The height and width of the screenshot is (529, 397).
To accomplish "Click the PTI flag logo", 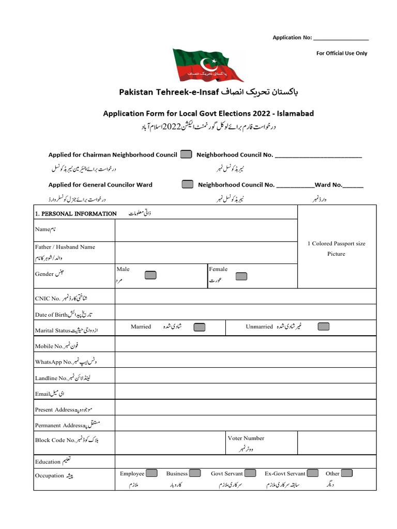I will [208, 65].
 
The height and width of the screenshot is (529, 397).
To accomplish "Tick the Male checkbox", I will [150, 275].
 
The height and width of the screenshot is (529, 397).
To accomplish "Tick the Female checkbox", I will [241, 276].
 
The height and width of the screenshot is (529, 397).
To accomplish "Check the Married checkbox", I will [199, 327].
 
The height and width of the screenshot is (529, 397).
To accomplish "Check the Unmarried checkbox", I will [324, 326].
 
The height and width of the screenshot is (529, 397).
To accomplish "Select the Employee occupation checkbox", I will [151, 473].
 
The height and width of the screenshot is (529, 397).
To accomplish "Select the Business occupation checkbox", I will [195, 473].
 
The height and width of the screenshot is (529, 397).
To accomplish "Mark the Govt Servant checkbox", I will [250, 473].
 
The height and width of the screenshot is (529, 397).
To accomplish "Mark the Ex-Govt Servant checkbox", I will [313, 473].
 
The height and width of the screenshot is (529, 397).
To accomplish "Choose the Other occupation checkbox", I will [346, 473].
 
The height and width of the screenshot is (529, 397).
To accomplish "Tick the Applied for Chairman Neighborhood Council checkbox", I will [187, 154].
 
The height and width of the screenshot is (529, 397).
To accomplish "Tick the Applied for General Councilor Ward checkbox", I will [188, 184].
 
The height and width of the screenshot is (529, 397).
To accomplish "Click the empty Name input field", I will [206, 230].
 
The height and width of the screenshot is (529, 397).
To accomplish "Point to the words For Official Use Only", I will [342, 53].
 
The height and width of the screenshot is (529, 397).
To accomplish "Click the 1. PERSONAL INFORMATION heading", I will [75, 213].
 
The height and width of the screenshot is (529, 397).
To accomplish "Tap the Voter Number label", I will [246, 438].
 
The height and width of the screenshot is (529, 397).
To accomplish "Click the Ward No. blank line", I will [353, 185].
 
